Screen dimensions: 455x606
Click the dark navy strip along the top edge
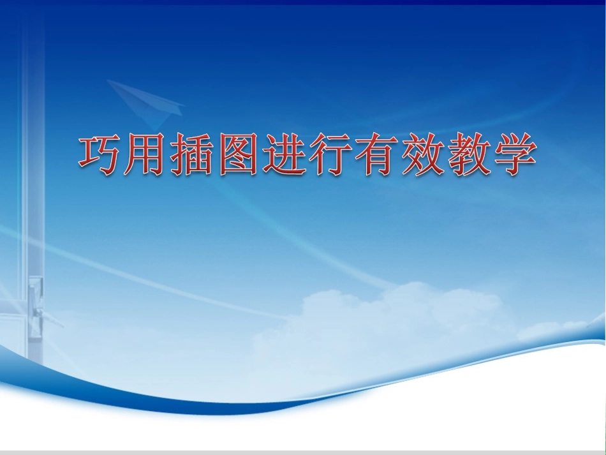click(x=303, y=3)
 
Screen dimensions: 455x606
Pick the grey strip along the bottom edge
click(x=303, y=452)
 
